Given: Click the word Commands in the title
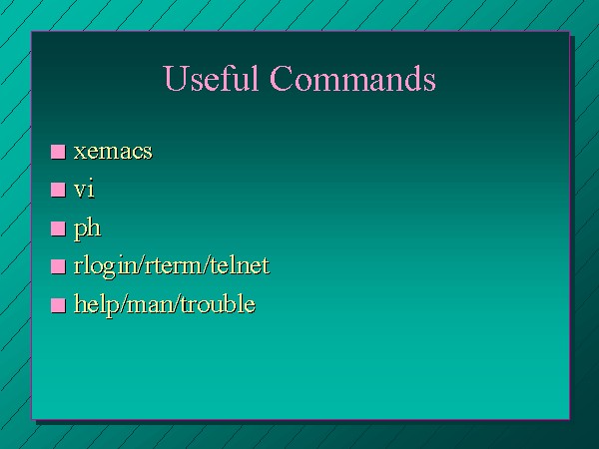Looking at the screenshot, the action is pos(352,78).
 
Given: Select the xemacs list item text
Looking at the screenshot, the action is pos(113,152).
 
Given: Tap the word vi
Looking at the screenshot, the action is pos(84,189).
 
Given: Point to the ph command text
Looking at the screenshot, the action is pos(88,229).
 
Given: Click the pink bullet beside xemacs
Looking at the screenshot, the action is pos(58,152).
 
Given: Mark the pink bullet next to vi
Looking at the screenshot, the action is pos(58,190).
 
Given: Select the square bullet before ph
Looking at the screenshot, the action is pos(58,228).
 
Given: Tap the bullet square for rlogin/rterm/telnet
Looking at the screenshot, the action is pos(58,266).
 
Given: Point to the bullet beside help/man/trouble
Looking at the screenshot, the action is pos(58,305).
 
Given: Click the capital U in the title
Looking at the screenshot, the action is pos(176,78).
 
